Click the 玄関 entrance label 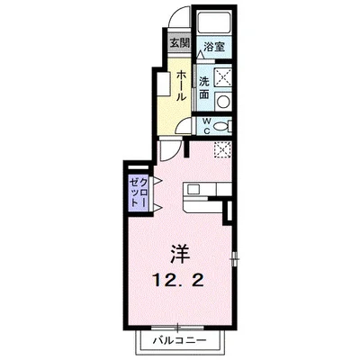(180, 43)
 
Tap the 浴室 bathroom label (214, 47)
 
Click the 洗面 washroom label (204, 88)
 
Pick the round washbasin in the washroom (222, 102)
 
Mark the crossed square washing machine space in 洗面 (222, 77)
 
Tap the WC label (207, 126)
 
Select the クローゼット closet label (139, 192)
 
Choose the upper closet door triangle (157, 180)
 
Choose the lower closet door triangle (157, 207)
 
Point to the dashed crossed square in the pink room (222, 149)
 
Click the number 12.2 (179, 281)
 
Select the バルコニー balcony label (180, 340)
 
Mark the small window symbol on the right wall (235, 258)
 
